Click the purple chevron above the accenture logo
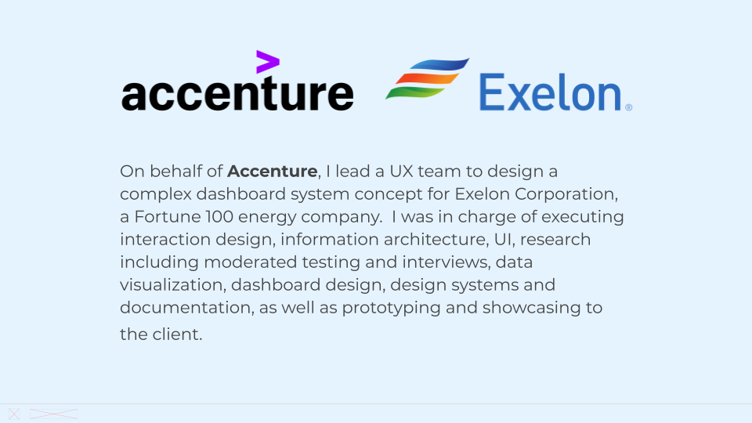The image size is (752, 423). (x=267, y=62)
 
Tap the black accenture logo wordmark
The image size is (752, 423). (x=237, y=94)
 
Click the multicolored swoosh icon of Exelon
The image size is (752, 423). (x=426, y=79)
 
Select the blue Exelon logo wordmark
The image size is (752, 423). (x=551, y=92)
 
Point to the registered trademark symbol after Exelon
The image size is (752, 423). (x=628, y=107)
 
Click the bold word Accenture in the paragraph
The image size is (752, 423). (x=273, y=171)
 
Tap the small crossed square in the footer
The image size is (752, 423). (x=14, y=414)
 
